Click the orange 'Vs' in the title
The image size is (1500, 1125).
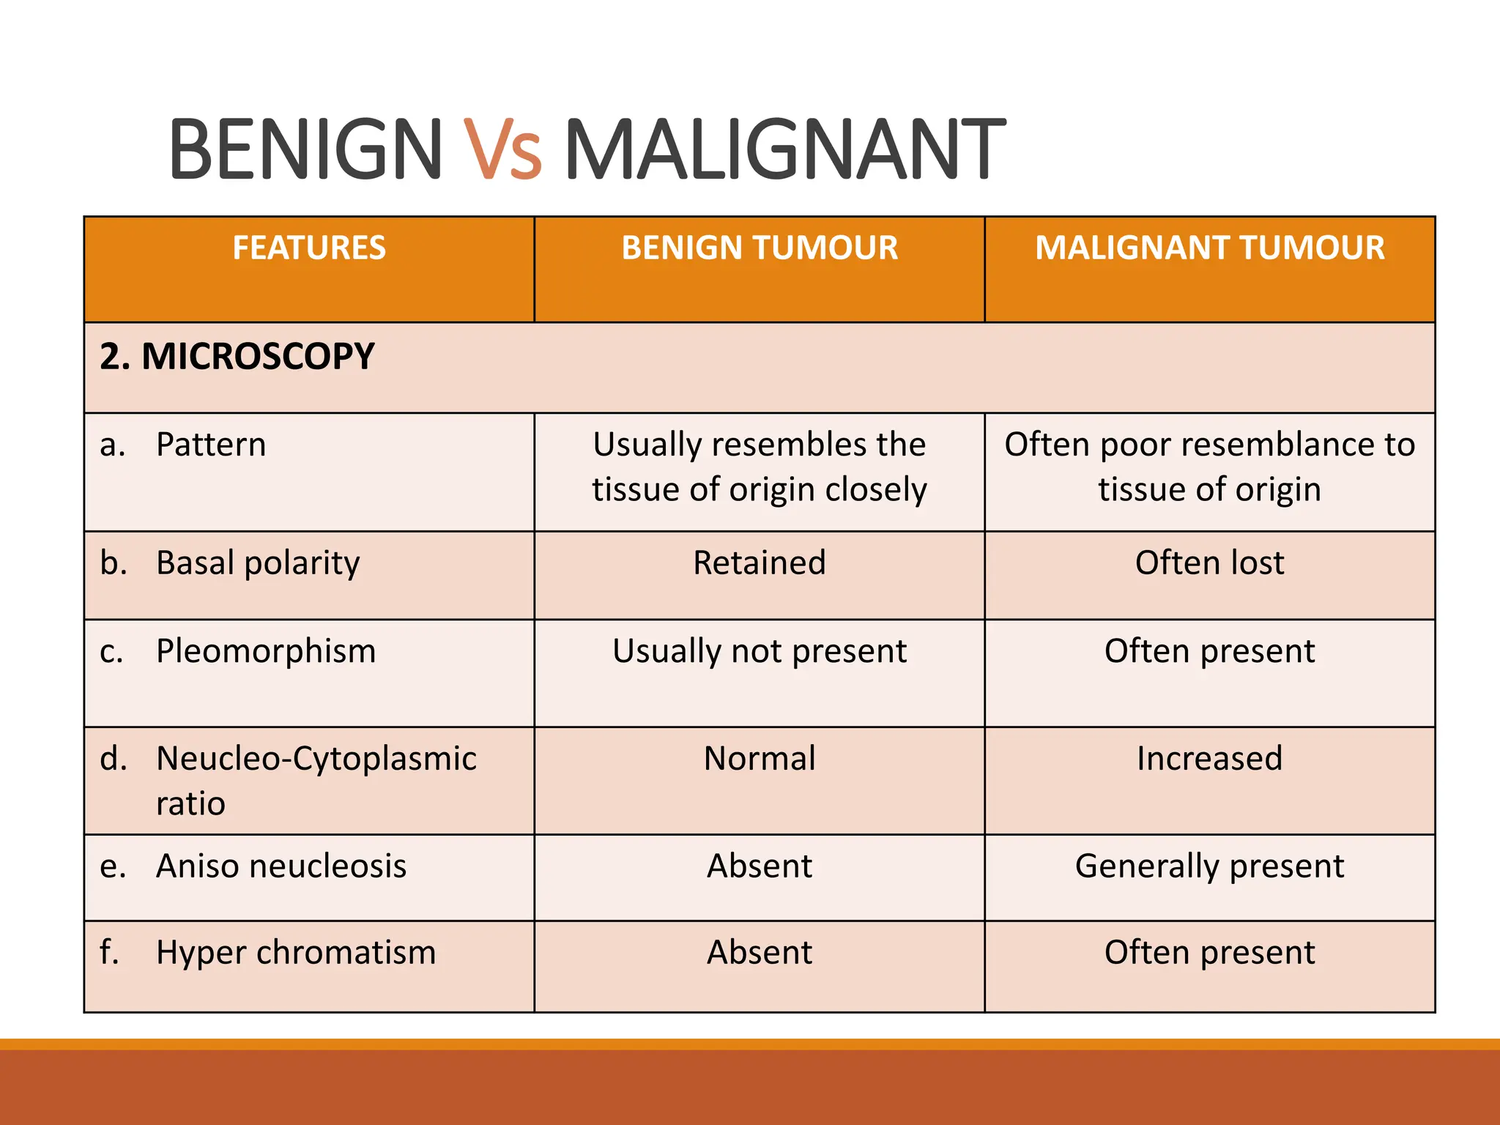point(502,149)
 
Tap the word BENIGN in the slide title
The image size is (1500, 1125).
point(305,149)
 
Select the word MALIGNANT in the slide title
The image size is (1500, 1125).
point(784,149)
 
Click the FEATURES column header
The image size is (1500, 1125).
point(309,248)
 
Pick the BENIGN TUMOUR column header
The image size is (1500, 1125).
point(760,248)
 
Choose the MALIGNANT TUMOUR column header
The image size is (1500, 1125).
point(1209,248)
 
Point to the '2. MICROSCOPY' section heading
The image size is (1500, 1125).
point(237,357)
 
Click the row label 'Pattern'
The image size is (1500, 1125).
point(211,445)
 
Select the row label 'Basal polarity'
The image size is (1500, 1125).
point(258,563)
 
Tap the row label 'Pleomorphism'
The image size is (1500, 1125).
point(266,651)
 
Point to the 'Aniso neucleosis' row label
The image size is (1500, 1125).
point(281,866)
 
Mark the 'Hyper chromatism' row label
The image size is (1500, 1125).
point(296,953)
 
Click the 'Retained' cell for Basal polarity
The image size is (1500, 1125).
point(760,563)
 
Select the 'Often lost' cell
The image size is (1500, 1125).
point(1209,563)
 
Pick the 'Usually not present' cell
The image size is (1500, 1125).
point(760,651)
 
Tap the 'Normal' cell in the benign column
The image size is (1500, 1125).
point(760,759)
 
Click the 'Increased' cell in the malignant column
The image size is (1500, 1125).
point(1209,759)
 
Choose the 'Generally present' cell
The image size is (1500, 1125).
point(1209,866)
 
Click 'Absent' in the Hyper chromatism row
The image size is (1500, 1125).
point(760,953)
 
